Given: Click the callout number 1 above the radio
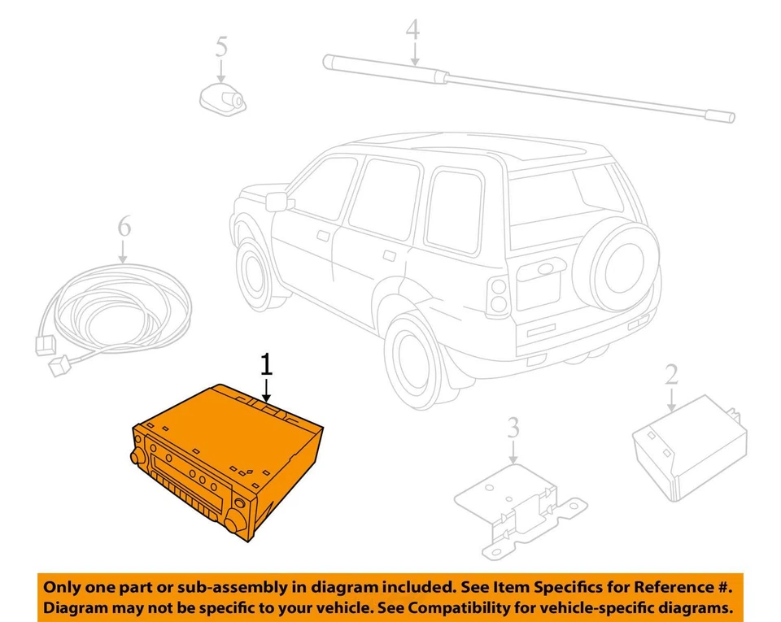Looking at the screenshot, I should pos(265,365).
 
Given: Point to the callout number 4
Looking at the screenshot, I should pos(413,32).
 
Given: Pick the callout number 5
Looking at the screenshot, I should pos(221,46).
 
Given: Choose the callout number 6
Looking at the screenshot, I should pos(123,227).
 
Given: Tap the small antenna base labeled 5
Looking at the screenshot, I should pos(222,98).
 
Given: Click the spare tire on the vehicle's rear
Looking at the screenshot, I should pos(615,268).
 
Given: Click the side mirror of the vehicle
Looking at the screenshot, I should pos(277,201).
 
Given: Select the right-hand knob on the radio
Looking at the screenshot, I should pos(238,518).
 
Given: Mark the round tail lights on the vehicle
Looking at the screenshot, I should pos(495,297).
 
